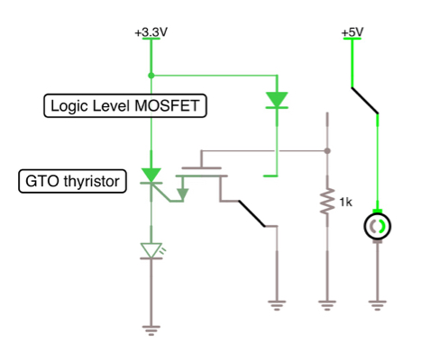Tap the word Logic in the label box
coord(71,106)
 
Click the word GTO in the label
coord(41,182)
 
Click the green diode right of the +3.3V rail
coord(276,100)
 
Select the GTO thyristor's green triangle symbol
coord(151,175)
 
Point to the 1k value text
coord(345,201)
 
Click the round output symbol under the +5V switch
coord(377,226)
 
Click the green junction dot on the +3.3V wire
coord(151,75)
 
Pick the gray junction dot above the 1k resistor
coord(325,149)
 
